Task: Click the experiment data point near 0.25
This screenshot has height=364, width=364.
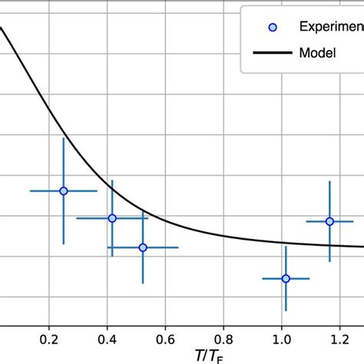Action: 64,190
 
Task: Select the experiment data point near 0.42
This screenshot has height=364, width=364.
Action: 112,218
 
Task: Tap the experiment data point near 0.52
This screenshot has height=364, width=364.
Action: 143,247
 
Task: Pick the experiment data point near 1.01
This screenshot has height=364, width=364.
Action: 286,278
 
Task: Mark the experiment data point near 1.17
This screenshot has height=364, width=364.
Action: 329,221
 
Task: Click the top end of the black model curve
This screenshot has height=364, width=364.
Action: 2,28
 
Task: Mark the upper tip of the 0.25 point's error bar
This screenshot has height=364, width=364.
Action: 64,138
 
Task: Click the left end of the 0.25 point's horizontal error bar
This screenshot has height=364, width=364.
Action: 30,190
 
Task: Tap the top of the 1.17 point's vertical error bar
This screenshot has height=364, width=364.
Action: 329,181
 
